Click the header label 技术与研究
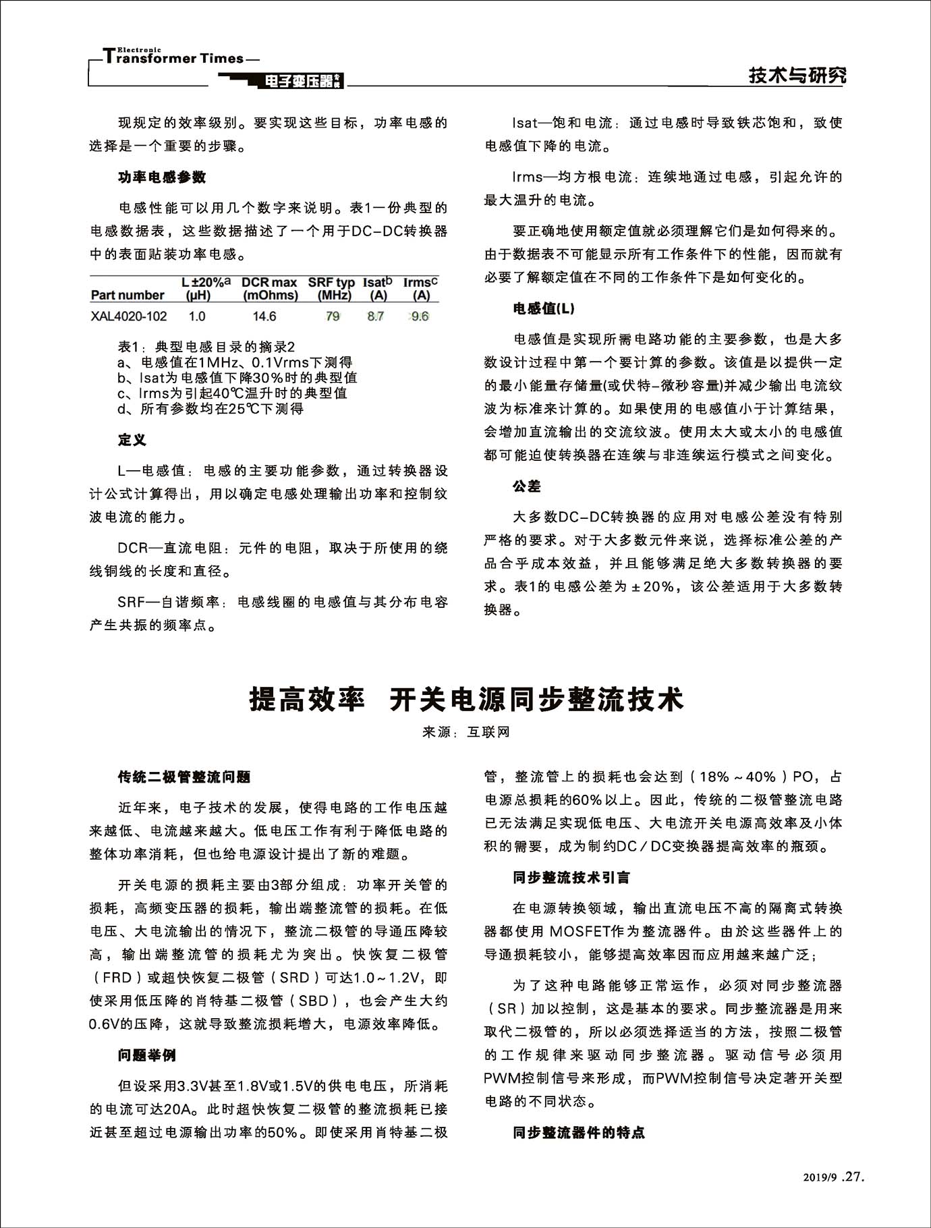(x=797, y=76)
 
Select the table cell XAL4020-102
(x=129, y=316)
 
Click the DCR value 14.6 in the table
(x=264, y=316)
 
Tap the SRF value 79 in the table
(x=333, y=316)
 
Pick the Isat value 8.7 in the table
(x=376, y=316)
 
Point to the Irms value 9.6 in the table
(x=420, y=316)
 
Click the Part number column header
(x=128, y=295)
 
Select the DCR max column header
(x=269, y=288)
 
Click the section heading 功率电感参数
(x=162, y=177)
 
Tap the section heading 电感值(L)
(x=544, y=308)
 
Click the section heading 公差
(x=527, y=486)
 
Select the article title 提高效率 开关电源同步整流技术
(x=466, y=700)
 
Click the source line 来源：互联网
(x=466, y=732)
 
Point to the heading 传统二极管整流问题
(x=184, y=777)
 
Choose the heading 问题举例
(x=147, y=1055)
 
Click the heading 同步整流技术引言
(x=571, y=878)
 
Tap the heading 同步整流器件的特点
(x=579, y=1132)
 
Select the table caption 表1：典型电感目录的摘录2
(x=206, y=347)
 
